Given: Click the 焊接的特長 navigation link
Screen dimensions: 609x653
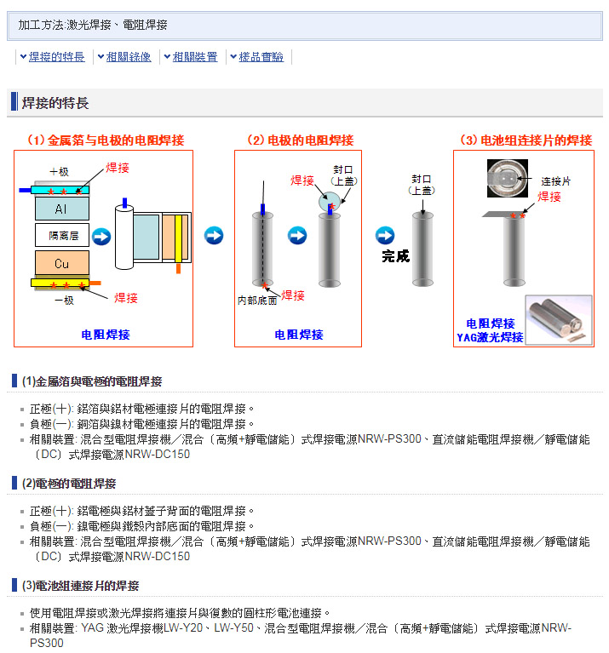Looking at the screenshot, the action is tap(57, 57).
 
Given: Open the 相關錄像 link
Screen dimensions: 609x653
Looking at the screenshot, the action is tap(129, 57).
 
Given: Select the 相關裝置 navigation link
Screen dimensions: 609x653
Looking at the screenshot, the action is tap(195, 57).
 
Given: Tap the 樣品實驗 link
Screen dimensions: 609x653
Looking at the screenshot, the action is tap(261, 57).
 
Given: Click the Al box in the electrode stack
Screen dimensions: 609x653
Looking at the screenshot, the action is tap(61, 209).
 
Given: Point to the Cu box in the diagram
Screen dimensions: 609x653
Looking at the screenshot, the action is tap(61, 263).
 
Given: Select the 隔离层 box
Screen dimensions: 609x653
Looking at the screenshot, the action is tap(61, 235).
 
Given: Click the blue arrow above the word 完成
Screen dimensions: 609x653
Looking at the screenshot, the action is tap(385, 235).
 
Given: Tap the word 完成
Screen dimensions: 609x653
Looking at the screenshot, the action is tap(396, 256).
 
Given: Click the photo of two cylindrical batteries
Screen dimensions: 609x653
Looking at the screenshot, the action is tap(559, 320).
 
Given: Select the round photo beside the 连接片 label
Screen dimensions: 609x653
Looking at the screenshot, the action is tap(508, 178).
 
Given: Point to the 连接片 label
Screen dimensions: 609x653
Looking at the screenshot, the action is tap(555, 181).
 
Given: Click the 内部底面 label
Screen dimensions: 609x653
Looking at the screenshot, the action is tap(257, 301).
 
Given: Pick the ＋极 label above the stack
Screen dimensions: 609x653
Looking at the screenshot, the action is tap(59, 172).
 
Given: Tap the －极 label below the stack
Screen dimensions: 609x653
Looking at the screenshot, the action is tap(64, 301).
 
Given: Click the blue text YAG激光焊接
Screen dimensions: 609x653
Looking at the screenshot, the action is tap(490, 337).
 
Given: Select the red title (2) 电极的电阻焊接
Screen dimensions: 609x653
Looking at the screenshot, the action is tap(301, 140).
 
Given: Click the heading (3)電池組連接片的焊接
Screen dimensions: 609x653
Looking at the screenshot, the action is tap(80, 586).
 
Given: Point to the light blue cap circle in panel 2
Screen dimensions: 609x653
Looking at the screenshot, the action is tap(330, 202).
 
